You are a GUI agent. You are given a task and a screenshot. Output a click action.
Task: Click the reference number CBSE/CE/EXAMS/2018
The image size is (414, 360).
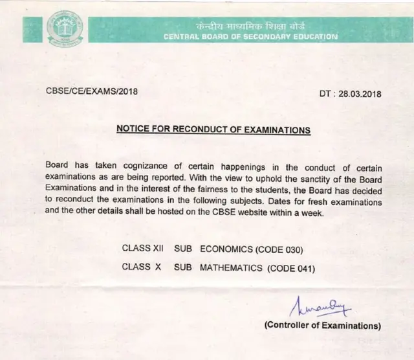coord(91,91)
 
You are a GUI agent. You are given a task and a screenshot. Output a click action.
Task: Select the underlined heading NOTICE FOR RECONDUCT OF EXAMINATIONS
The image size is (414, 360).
coord(213,129)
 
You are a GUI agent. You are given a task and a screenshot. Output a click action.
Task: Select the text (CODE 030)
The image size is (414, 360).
coord(280,249)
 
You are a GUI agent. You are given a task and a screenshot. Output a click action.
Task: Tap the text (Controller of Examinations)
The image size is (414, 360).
coord(323,325)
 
